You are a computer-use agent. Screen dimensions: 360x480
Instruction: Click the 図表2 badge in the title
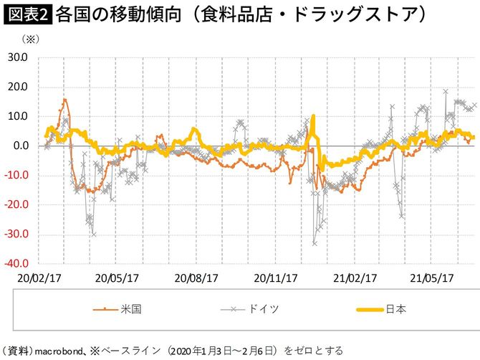pyautogui.click(x=27, y=14)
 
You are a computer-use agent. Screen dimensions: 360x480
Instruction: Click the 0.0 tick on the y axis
pyautogui.click(x=21, y=146)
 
